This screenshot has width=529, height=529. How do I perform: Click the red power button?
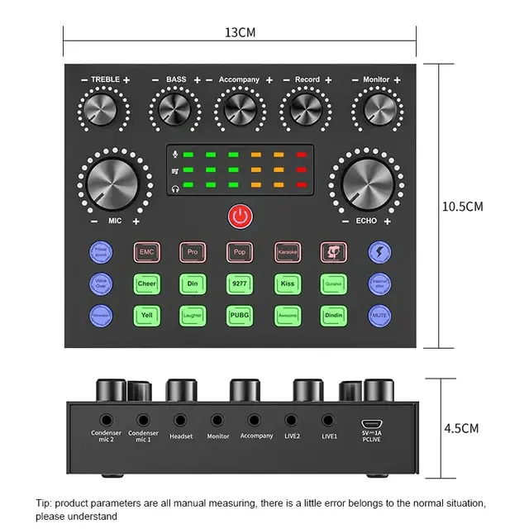(x=240, y=217)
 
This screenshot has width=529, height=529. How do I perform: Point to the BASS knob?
(x=176, y=108)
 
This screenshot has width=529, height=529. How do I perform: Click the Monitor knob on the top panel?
(x=376, y=108)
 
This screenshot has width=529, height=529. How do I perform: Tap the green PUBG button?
(x=240, y=315)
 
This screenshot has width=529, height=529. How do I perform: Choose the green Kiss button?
(x=287, y=284)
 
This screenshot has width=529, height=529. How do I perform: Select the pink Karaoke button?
(x=287, y=252)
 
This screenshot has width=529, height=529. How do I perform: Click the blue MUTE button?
(x=379, y=315)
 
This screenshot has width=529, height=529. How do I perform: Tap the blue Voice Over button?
(x=100, y=284)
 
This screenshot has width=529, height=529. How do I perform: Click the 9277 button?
(x=240, y=284)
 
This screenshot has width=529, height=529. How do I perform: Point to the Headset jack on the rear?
(x=180, y=420)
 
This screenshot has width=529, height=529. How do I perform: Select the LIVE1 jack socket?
(x=329, y=420)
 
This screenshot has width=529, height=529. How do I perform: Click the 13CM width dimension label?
(x=240, y=32)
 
